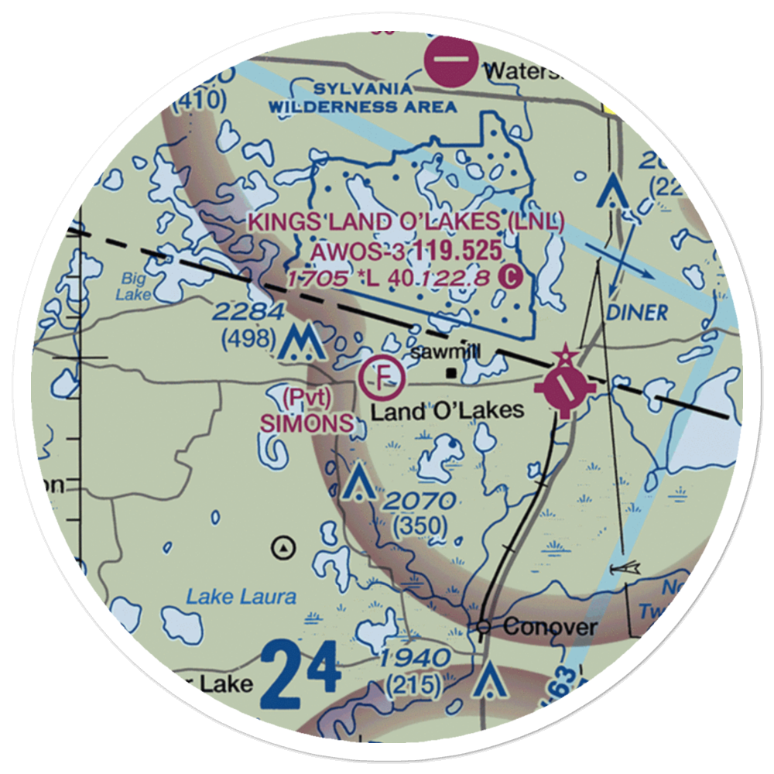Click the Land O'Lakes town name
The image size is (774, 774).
point(447,410)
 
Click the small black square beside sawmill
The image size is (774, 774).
point(450,373)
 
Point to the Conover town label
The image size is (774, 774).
point(550,626)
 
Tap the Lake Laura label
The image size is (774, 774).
point(241,597)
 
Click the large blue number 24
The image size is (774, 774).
point(300,678)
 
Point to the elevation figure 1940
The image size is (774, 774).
point(416,659)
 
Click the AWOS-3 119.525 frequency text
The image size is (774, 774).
point(406,251)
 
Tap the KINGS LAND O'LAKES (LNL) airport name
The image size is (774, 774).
point(406,221)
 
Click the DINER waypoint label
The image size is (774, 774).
point(638,312)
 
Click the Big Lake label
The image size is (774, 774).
point(130,286)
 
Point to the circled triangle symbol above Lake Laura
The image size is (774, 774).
point(286,548)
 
